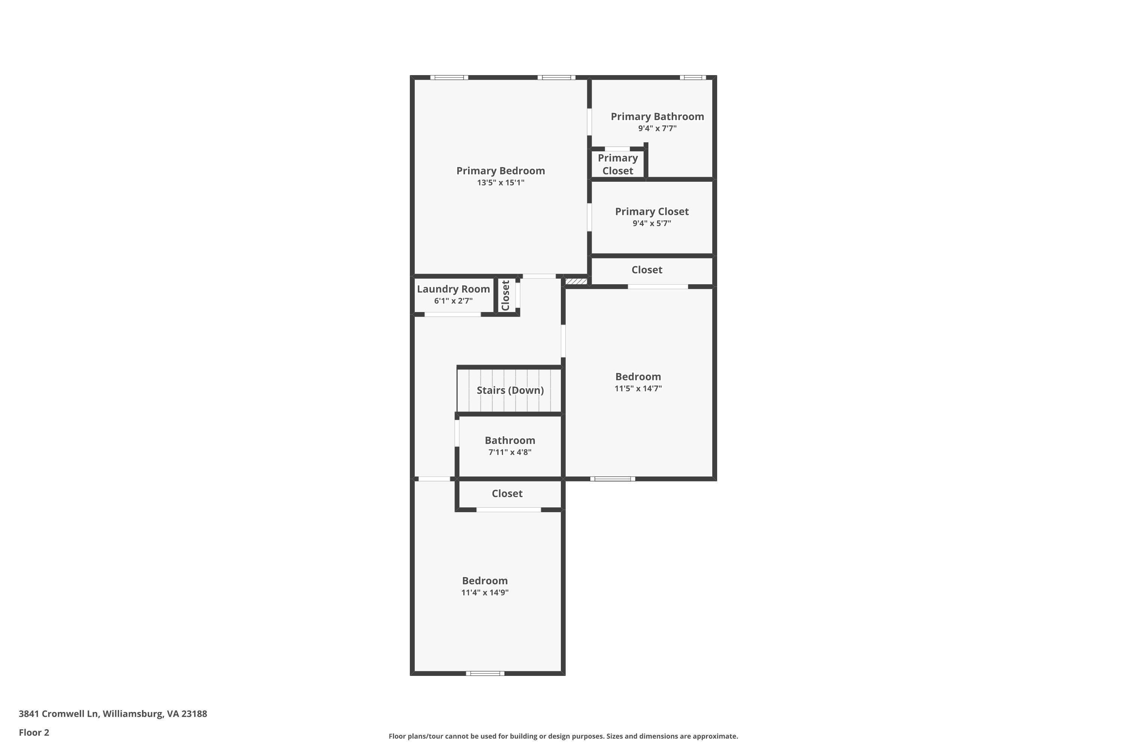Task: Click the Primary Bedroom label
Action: tap(500, 170)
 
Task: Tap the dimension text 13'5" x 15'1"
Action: tap(500, 182)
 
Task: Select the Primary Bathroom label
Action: tap(657, 116)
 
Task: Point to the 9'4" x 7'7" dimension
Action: tap(657, 128)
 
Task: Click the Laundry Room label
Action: tap(453, 289)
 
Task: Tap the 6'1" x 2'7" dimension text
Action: tap(453, 301)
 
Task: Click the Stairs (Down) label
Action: tap(510, 391)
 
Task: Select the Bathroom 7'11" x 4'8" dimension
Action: tap(510, 452)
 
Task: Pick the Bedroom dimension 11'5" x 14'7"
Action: tap(638, 388)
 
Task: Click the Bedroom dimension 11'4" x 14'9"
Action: tap(485, 593)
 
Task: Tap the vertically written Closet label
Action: tap(506, 296)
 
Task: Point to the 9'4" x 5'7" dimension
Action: tap(652, 223)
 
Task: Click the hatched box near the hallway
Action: tap(576, 281)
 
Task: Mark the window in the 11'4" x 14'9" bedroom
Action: tap(485, 673)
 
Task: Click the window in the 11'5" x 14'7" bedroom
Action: tap(612, 479)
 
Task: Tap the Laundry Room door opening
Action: tap(452, 315)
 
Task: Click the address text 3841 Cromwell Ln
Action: tap(59, 714)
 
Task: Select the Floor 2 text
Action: tap(34, 732)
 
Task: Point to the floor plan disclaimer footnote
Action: tap(563, 736)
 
